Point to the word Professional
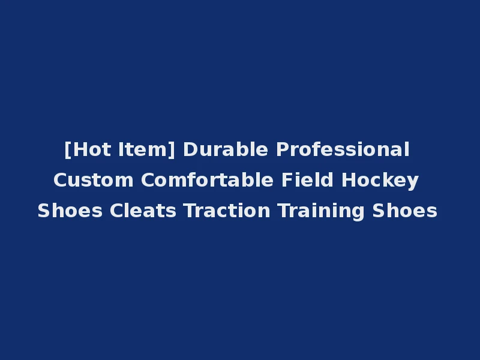click(x=343, y=149)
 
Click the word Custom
click(x=94, y=180)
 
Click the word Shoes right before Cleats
click(x=70, y=211)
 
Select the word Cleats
click(x=143, y=211)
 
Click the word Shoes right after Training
click(x=405, y=211)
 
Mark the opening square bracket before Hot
click(x=67, y=149)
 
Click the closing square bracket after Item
click(x=172, y=149)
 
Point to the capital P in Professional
click(x=281, y=149)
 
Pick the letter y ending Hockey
click(x=413, y=182)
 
